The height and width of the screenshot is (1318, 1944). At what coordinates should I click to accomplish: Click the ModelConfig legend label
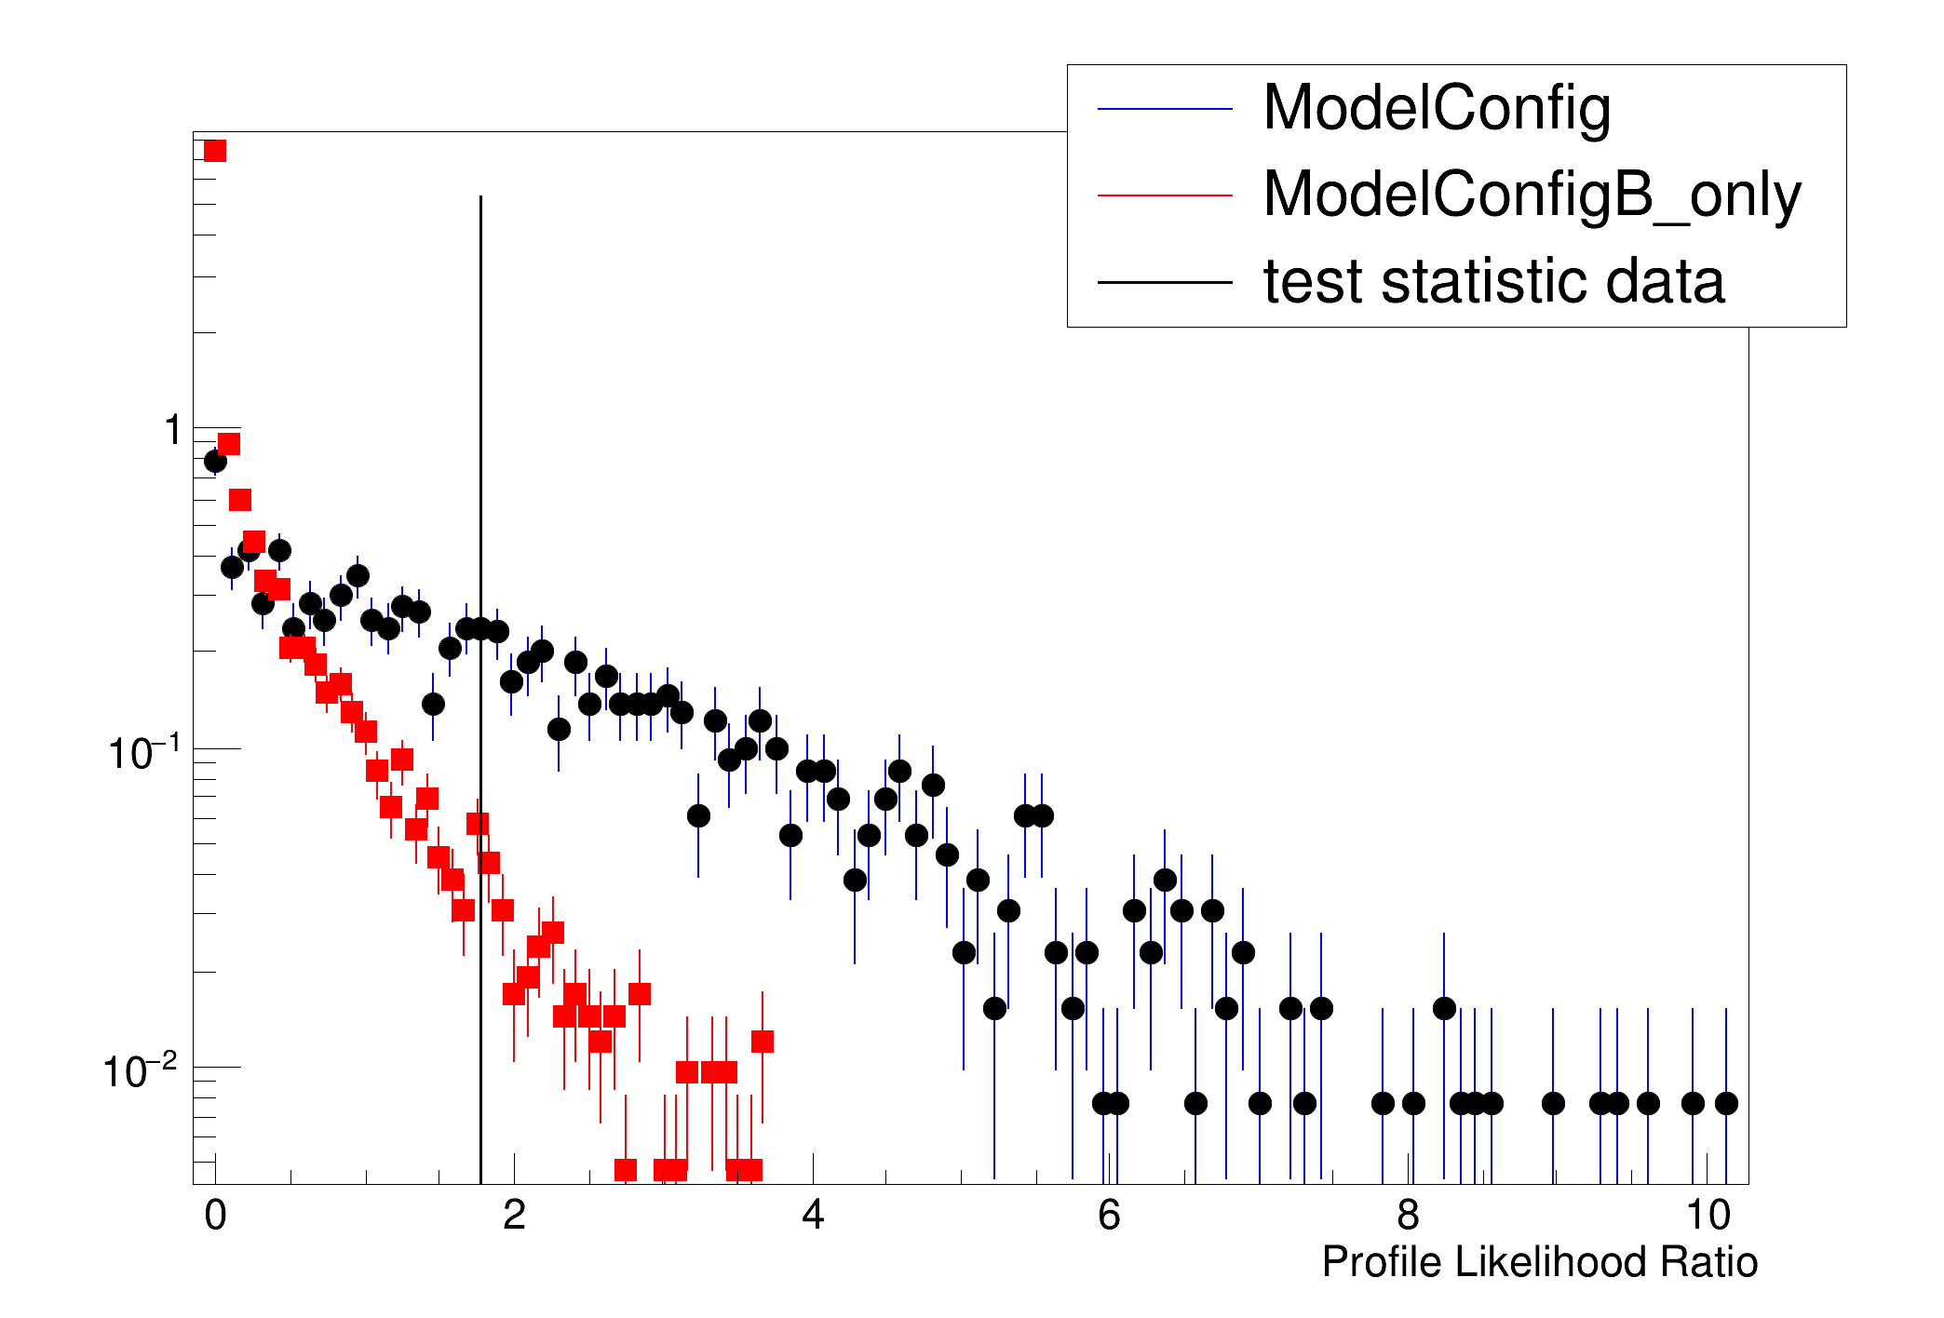click(1436, 109)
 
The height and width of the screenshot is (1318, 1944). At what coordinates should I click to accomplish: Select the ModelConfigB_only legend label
click(1532, 195)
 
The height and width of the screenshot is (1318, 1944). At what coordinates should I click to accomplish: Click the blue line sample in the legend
click(1165, 110)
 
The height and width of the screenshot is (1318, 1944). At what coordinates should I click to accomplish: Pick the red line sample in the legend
click(1165, 195)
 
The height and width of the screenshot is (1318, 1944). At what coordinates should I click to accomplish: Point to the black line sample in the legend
click(1165, 282)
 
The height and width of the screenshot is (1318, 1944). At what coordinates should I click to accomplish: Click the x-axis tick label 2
click(514, 1216)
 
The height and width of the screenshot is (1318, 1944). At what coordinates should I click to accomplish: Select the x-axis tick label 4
click(813, 1216)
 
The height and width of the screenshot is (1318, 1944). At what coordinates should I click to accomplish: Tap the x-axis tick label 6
click(1109, 1216)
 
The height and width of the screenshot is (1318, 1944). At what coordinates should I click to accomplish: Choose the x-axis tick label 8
click(1408, 1216)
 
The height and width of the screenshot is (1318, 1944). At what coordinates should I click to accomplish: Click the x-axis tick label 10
click(1707, 1216)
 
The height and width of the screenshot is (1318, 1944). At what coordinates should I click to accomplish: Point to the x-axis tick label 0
click(215, 1216)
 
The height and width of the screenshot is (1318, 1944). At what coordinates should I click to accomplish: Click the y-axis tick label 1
click(173, 431)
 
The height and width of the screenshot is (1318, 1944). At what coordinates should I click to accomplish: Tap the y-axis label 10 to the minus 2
click(140, 1071)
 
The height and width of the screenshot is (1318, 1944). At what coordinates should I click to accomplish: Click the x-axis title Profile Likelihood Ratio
click(1539, 1263)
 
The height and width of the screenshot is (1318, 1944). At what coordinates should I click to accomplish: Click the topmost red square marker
click(215, 151)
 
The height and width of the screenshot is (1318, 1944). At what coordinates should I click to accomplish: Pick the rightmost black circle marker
click(1726, 1103)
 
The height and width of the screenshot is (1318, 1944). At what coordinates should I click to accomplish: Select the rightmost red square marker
click(763, 1042)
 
